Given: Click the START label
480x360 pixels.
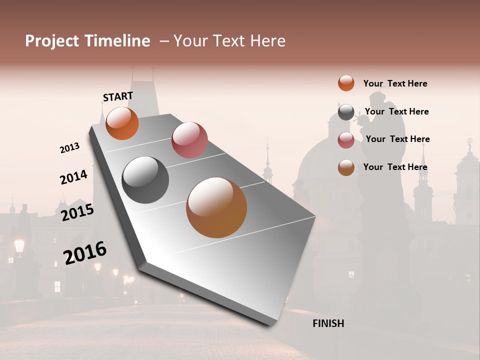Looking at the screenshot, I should click(118, 96).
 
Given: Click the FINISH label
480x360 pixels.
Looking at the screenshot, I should click(328, 323).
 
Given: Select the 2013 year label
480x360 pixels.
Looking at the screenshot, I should click(69, 148).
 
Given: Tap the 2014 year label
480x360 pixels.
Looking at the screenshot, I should click(73, 177).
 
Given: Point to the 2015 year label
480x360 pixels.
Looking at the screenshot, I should click(77, 212).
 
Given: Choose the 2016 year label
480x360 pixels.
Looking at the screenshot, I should click(85, 253).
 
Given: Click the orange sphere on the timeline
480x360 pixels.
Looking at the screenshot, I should click(122, 123).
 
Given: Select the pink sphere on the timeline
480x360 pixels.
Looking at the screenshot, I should click(189, 140).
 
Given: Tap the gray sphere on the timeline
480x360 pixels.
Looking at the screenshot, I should click(145, 179).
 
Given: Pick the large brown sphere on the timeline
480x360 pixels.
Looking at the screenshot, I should click(216, 207).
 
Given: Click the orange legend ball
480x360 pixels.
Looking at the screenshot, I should click(346, 83).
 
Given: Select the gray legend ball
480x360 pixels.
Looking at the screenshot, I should click(346, 112).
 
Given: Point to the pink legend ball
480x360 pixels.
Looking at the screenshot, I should click(346, 140).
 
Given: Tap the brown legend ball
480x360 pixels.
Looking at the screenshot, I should click(346, 168).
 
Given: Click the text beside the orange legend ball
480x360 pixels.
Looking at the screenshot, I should click(395, 83).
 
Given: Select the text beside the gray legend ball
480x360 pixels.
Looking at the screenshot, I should click(396, 111).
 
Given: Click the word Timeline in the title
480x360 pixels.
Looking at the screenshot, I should click(117, 41).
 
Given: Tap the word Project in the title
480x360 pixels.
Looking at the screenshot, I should click(51, 41).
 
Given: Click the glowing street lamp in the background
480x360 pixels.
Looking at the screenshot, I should click(19, 245).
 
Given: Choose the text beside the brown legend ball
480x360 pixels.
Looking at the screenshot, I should click(395, 167).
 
